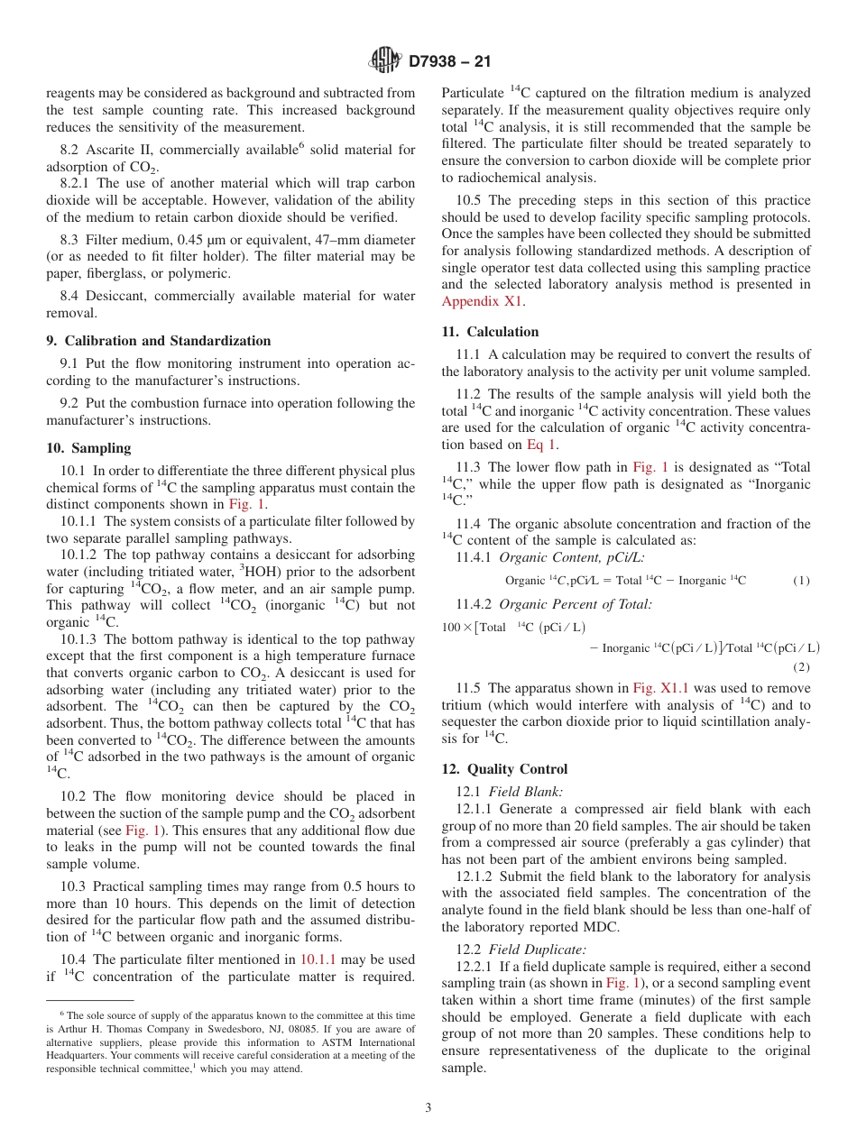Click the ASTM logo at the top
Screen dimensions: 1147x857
coord(385,61)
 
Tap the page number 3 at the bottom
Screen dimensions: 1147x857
coord(428,1108)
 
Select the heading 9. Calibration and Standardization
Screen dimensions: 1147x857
coord(158,341)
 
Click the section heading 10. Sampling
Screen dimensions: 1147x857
coord(88,448)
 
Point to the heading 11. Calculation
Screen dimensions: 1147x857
coord(490,332)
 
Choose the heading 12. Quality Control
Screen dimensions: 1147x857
coord(504,769)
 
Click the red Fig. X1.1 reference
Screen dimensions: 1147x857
coord(661,687)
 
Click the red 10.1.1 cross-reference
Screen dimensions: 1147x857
coord(318,959)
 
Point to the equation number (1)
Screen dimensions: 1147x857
coord(801,581)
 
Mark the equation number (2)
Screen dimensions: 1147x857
coord(802,667)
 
